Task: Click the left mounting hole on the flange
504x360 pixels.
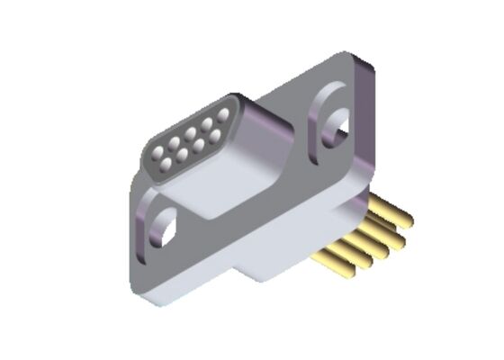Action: point(165,224)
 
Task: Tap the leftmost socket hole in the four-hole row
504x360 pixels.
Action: point(167,162)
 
